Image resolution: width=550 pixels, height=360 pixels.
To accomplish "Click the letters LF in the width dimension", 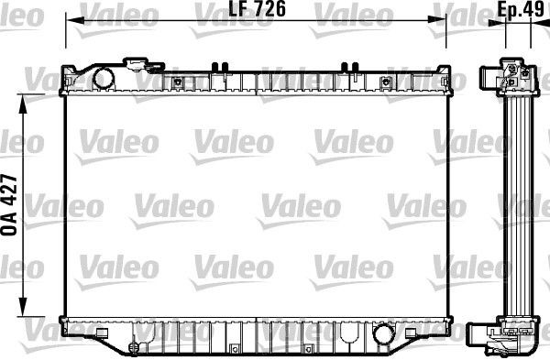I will click(211, 11).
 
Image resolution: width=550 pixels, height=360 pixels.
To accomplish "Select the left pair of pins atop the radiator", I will click(218, 65).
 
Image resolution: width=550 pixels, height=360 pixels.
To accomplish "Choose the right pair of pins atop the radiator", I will click(348, 65).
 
